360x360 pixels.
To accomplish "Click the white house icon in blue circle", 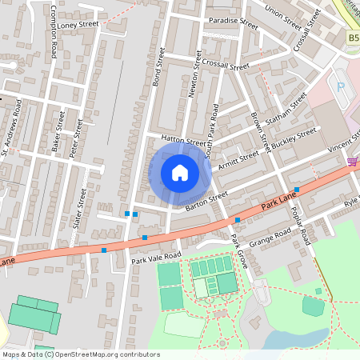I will click(180, 173).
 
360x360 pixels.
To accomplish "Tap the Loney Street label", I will click(78, 25).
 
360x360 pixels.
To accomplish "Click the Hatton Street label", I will click(183, 139).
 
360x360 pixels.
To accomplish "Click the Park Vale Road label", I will click(156, 257).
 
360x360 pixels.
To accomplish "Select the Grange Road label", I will click(270, 238).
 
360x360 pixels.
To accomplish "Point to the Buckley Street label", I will click(294, 135).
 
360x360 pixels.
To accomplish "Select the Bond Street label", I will click(158, 67).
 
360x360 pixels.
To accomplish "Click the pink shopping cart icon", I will click(353, 162).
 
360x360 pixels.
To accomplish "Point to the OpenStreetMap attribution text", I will click(81, 354).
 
